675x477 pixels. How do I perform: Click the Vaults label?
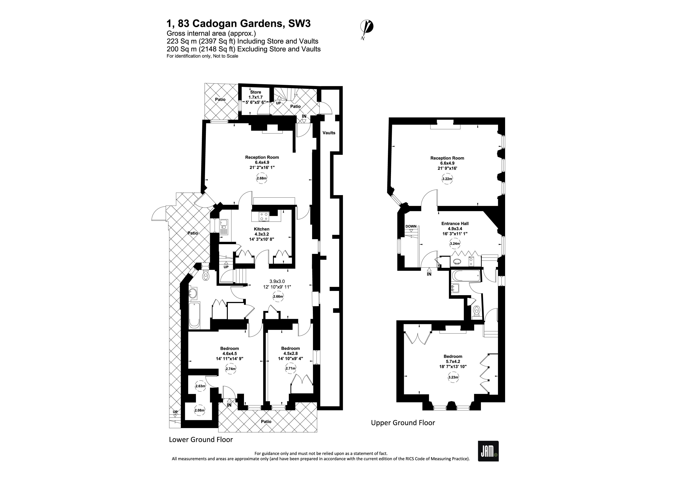[x=329, y=133]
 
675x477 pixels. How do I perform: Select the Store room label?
[x=256, y=92]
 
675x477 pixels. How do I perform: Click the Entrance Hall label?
[x=455, y=224]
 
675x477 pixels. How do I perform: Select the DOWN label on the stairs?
[x=411, y=226]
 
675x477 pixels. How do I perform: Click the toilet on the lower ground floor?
[x=206, y=276]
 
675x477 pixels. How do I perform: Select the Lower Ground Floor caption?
[x=201, y=440]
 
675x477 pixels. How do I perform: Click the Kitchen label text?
[x=261, y=229]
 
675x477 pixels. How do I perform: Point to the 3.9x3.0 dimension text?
[x=277, y=282]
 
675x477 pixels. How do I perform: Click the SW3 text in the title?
[x=299, y=23]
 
